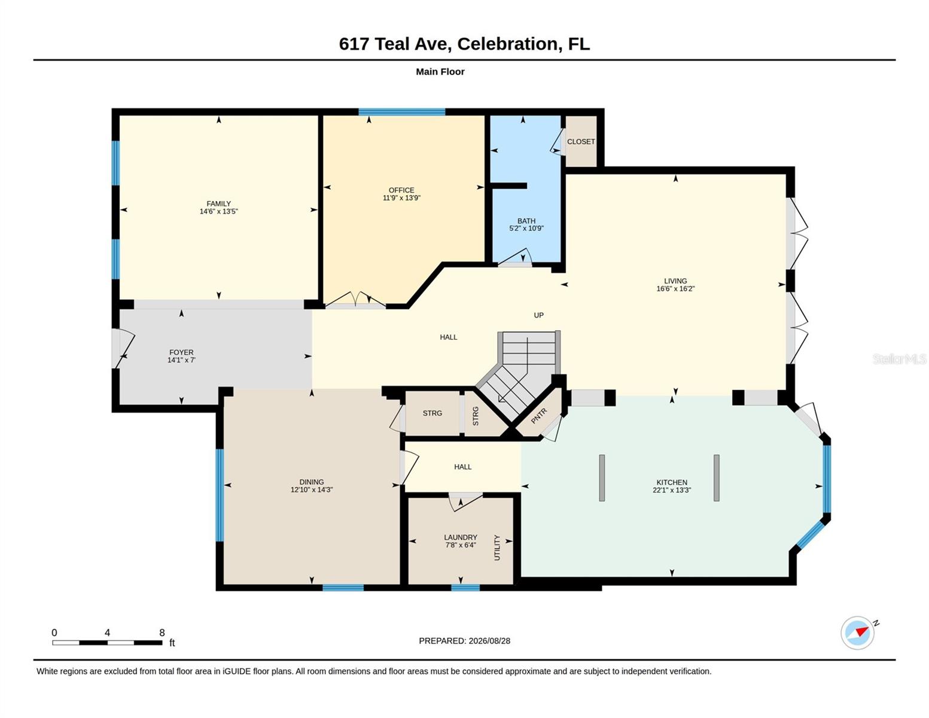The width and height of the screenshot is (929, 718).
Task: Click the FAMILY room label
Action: (x=218, y=203)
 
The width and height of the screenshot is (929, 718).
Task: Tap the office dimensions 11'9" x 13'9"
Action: (x=401, y=198)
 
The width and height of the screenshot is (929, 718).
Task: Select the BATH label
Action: (x=526, y=221)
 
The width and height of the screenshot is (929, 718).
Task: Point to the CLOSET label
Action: (x=581, y=142)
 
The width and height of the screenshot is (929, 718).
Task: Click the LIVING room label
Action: (x=675, y=281)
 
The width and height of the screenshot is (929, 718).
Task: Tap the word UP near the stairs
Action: (x=538, y=315)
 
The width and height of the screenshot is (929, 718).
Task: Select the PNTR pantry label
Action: (x=538, y=416)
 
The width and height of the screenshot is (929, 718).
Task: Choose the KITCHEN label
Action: (x=672, y=482)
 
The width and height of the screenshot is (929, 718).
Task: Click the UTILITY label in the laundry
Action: (x=497, y=547)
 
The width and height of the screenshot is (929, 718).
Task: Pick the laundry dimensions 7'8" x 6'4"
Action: (x=461, y=545)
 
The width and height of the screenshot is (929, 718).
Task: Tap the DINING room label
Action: (x=312, y=482)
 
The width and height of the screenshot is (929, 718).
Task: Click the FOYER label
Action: (x=181, y=352)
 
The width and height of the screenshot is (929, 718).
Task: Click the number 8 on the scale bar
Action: (x=162, y=632)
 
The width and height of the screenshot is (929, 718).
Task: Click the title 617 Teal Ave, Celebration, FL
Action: (x=464, y=44)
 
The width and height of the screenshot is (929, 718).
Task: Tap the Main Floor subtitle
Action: (x=440, y=71)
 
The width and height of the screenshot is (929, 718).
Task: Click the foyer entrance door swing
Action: (x=124, y=348)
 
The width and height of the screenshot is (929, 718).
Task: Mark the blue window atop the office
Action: (x=402, y=112)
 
